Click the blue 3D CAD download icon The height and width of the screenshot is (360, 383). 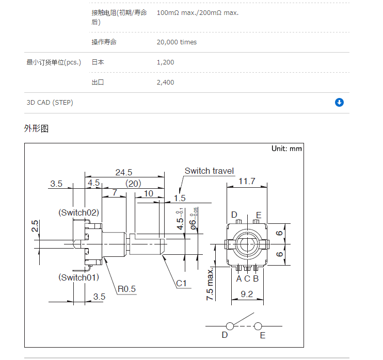click(x=339, y=102)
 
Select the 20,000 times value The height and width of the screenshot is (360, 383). click(x=177, y=42)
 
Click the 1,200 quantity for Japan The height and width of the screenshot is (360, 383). click(x=165, y=62)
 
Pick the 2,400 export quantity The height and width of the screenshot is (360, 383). click(x=165, y=83)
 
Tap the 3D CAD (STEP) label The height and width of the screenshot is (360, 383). click(x=50, y=103)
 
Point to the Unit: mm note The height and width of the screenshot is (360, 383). click(x=286, y=149)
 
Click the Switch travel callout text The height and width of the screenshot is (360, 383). click(x=209, y=171)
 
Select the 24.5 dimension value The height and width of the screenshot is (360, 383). click(x=124, y=172)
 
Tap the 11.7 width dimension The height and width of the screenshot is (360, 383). click(x=247, y=181)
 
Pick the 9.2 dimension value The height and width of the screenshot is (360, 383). click(x=247, y=294)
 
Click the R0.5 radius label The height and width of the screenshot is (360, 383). click(x=126, y=289)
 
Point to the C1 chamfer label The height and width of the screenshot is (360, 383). click(x=181, y=283)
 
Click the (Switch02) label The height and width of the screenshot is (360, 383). click(x=78, y=212)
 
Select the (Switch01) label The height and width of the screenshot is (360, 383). click(x=78, y=277)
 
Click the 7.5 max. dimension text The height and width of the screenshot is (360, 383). click(x=211, y=284)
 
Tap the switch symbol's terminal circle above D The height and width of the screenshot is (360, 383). click(x=228, y=325)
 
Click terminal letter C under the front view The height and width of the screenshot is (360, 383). click(x=247, y=279)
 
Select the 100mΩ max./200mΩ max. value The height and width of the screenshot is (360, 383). click(x=197, y=12)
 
